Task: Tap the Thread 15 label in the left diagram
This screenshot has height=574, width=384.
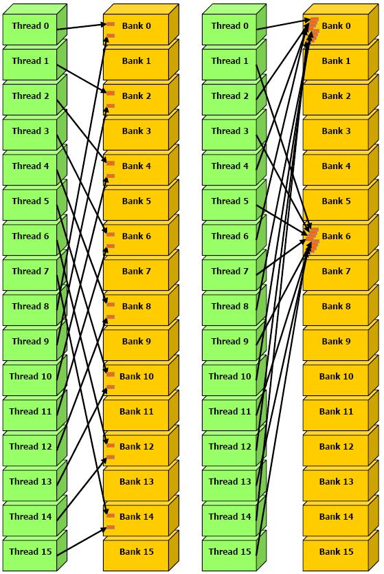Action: (x=30, y=551)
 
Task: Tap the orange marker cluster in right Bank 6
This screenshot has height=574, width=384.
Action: (x=313, y=239)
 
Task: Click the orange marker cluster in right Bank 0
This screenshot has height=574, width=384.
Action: (x=313, y=29)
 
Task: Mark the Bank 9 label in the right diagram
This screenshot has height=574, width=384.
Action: (x=336, y=341)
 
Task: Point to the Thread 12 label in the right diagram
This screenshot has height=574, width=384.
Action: (x=229, y=446)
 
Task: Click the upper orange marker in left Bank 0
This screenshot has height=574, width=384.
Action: (x=111, y=24)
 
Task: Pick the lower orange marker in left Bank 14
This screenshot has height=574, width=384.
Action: (x=111, y=527)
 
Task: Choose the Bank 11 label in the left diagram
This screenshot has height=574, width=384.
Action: (x=137, y=411)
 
